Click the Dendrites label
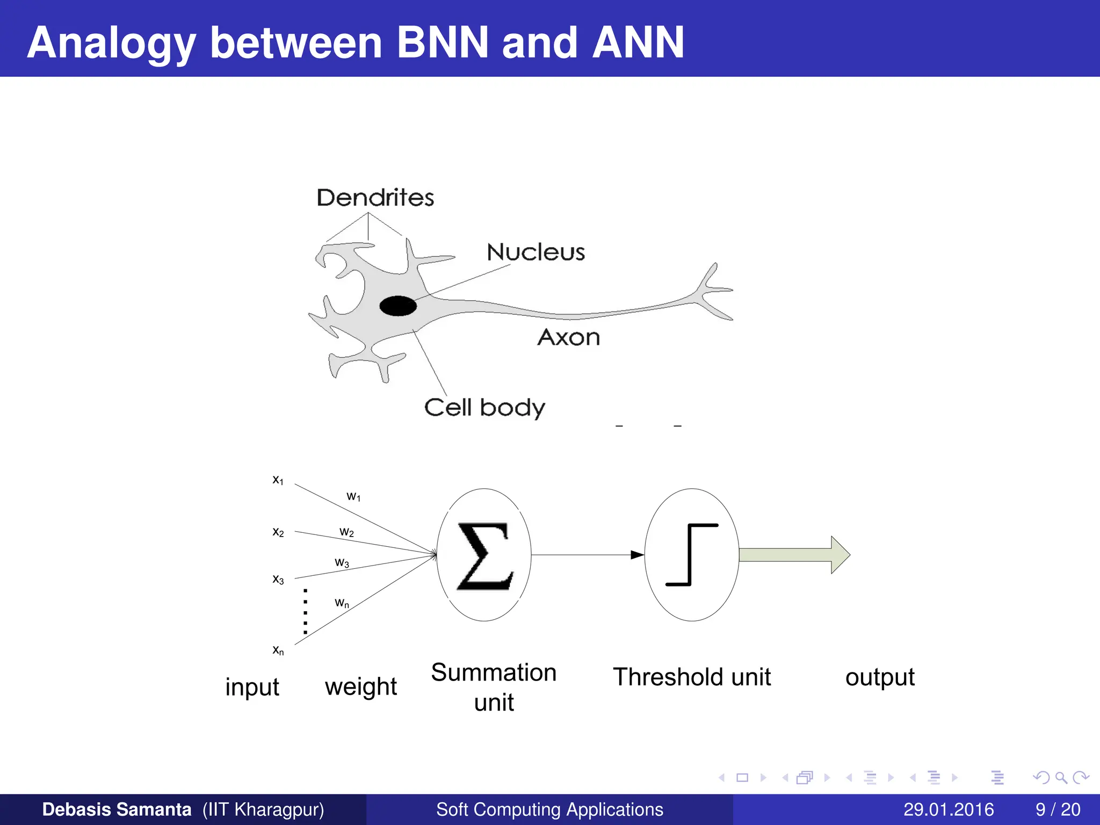pyautogui.click(x=375, y=198)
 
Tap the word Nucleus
pyautogui.click(x=535, y=252)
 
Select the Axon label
pyautogui.click(x=568, y=337)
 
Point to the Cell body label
pyautogui.click(x=484, y=408)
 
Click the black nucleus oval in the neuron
pyautogui.click(x=398, y=306)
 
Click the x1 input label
pyautogui.click(x=278, y=480)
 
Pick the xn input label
pyautogui.click(x=278, y=650)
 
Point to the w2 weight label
pyautogui.click(x=346, y=532)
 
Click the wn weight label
pyautogui.click(x=342, y=603)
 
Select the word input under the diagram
pyautogui.click(x=252, y=687)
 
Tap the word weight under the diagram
pyautogui.click(x=360, y=686)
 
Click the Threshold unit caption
pyautogui.click(x=691, y=677)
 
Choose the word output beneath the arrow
pyautogui.click(x=879, y=677)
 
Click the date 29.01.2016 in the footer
pyautogui.click(x=948, y=809)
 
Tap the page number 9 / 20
pyautogui.click(x=1058, y=809)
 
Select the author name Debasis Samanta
pyautogui.click(x=117, y=809)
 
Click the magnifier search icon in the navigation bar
pyautogui.click(x=1061, y=777)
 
